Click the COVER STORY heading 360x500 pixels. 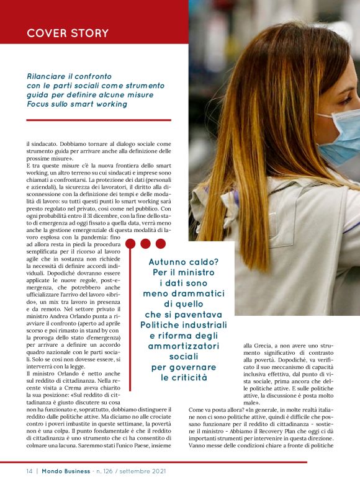(68, 33)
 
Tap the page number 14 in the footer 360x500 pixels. (29, 471)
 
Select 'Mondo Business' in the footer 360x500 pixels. (65, 471)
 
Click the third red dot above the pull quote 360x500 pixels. (161, 244)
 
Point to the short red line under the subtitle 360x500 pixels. (99, 120)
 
